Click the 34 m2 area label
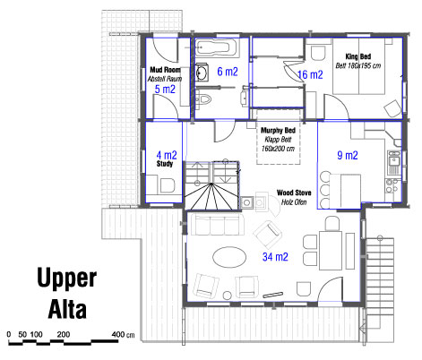(x=275, y=257)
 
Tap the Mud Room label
(x=165, y=70)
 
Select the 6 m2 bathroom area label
(x=228, y=72)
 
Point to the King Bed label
(x=358, y=56)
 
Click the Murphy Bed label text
(x=278, y=130)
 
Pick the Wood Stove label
(x=294, y=193)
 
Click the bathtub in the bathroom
(x=217, y=47)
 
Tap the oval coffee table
(x=229, y=257)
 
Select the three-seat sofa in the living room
(x=217, y=224)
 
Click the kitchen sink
(x=393, y=162)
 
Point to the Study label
(x=165, y=164)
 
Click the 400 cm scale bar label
(x=123, y=335)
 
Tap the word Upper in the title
(x=67, y=279)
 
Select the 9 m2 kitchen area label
(x=348, y=155)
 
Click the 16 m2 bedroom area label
(x=311, y=74)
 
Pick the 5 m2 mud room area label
(x=165, y=89)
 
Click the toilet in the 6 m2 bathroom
(x=203, y=99)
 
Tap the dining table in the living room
(x=331, y=250)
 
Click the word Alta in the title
(x=67, y=309)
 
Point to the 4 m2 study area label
(x=167, y=155)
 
